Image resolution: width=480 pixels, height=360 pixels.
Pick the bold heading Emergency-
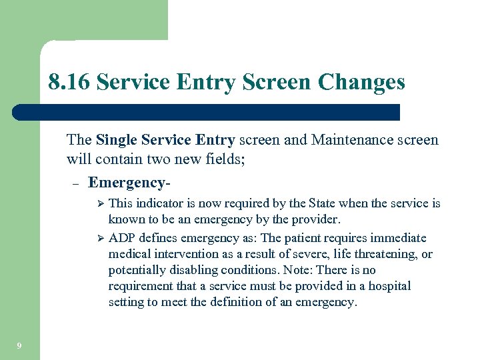pyautogui.click(x=128, y=182)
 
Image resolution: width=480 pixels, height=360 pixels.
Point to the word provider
pyautogui.click(x=316, y=219)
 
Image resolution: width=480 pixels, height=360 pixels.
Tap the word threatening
pyautogui.click(x=379, y=254)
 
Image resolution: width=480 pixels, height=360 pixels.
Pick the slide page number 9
pyautogui.click(x=19, y=345)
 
